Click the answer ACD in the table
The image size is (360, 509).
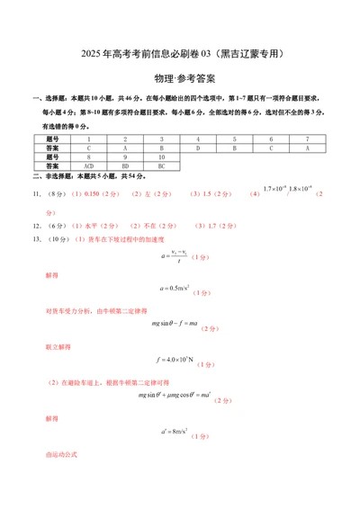pyautogui.click(x=88, y=166)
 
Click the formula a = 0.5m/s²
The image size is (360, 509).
pyautogui.click(x=175, y=289)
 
